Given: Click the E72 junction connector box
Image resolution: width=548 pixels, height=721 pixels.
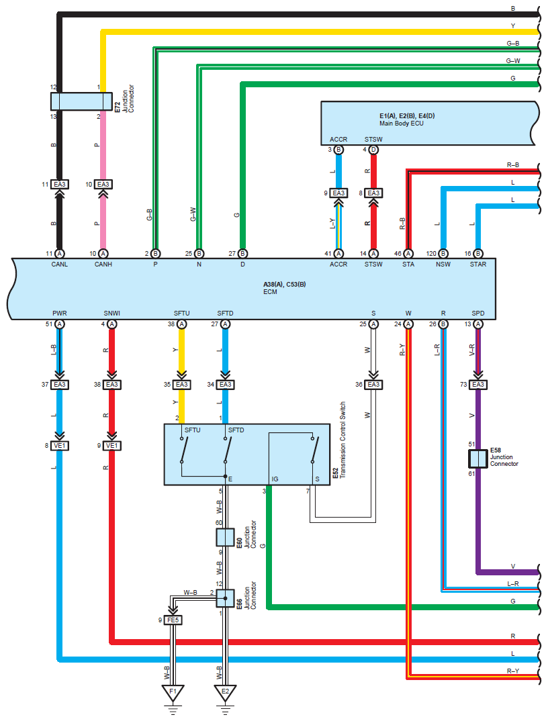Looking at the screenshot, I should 81,101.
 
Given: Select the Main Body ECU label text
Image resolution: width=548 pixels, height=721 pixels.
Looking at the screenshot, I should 402,123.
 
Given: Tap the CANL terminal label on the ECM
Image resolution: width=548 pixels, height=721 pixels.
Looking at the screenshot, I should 60,265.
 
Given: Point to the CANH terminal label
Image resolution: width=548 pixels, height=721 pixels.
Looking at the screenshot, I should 103,265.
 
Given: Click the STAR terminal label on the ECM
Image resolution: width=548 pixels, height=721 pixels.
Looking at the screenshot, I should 477,265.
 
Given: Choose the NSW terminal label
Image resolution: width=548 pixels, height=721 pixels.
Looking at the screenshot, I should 443,265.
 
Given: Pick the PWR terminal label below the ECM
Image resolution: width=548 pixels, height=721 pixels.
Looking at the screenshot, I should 60,313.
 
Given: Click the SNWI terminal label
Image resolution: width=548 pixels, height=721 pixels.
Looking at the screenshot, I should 111,313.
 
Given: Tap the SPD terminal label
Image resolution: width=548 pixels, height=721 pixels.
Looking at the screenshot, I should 477,313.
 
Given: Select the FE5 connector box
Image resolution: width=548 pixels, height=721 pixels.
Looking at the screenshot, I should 173,620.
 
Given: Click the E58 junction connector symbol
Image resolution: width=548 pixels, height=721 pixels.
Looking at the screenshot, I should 477,459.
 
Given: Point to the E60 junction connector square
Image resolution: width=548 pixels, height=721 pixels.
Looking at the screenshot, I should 224,537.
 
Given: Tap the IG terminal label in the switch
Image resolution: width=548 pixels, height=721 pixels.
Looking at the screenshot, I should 275,479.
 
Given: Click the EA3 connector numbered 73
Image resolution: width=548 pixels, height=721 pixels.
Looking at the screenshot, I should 477,385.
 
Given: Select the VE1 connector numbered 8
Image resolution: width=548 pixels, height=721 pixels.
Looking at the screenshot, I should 60,445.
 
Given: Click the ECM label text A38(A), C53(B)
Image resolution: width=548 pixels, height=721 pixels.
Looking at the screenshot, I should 284,285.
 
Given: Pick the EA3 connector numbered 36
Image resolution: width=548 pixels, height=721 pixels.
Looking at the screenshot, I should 373,385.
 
